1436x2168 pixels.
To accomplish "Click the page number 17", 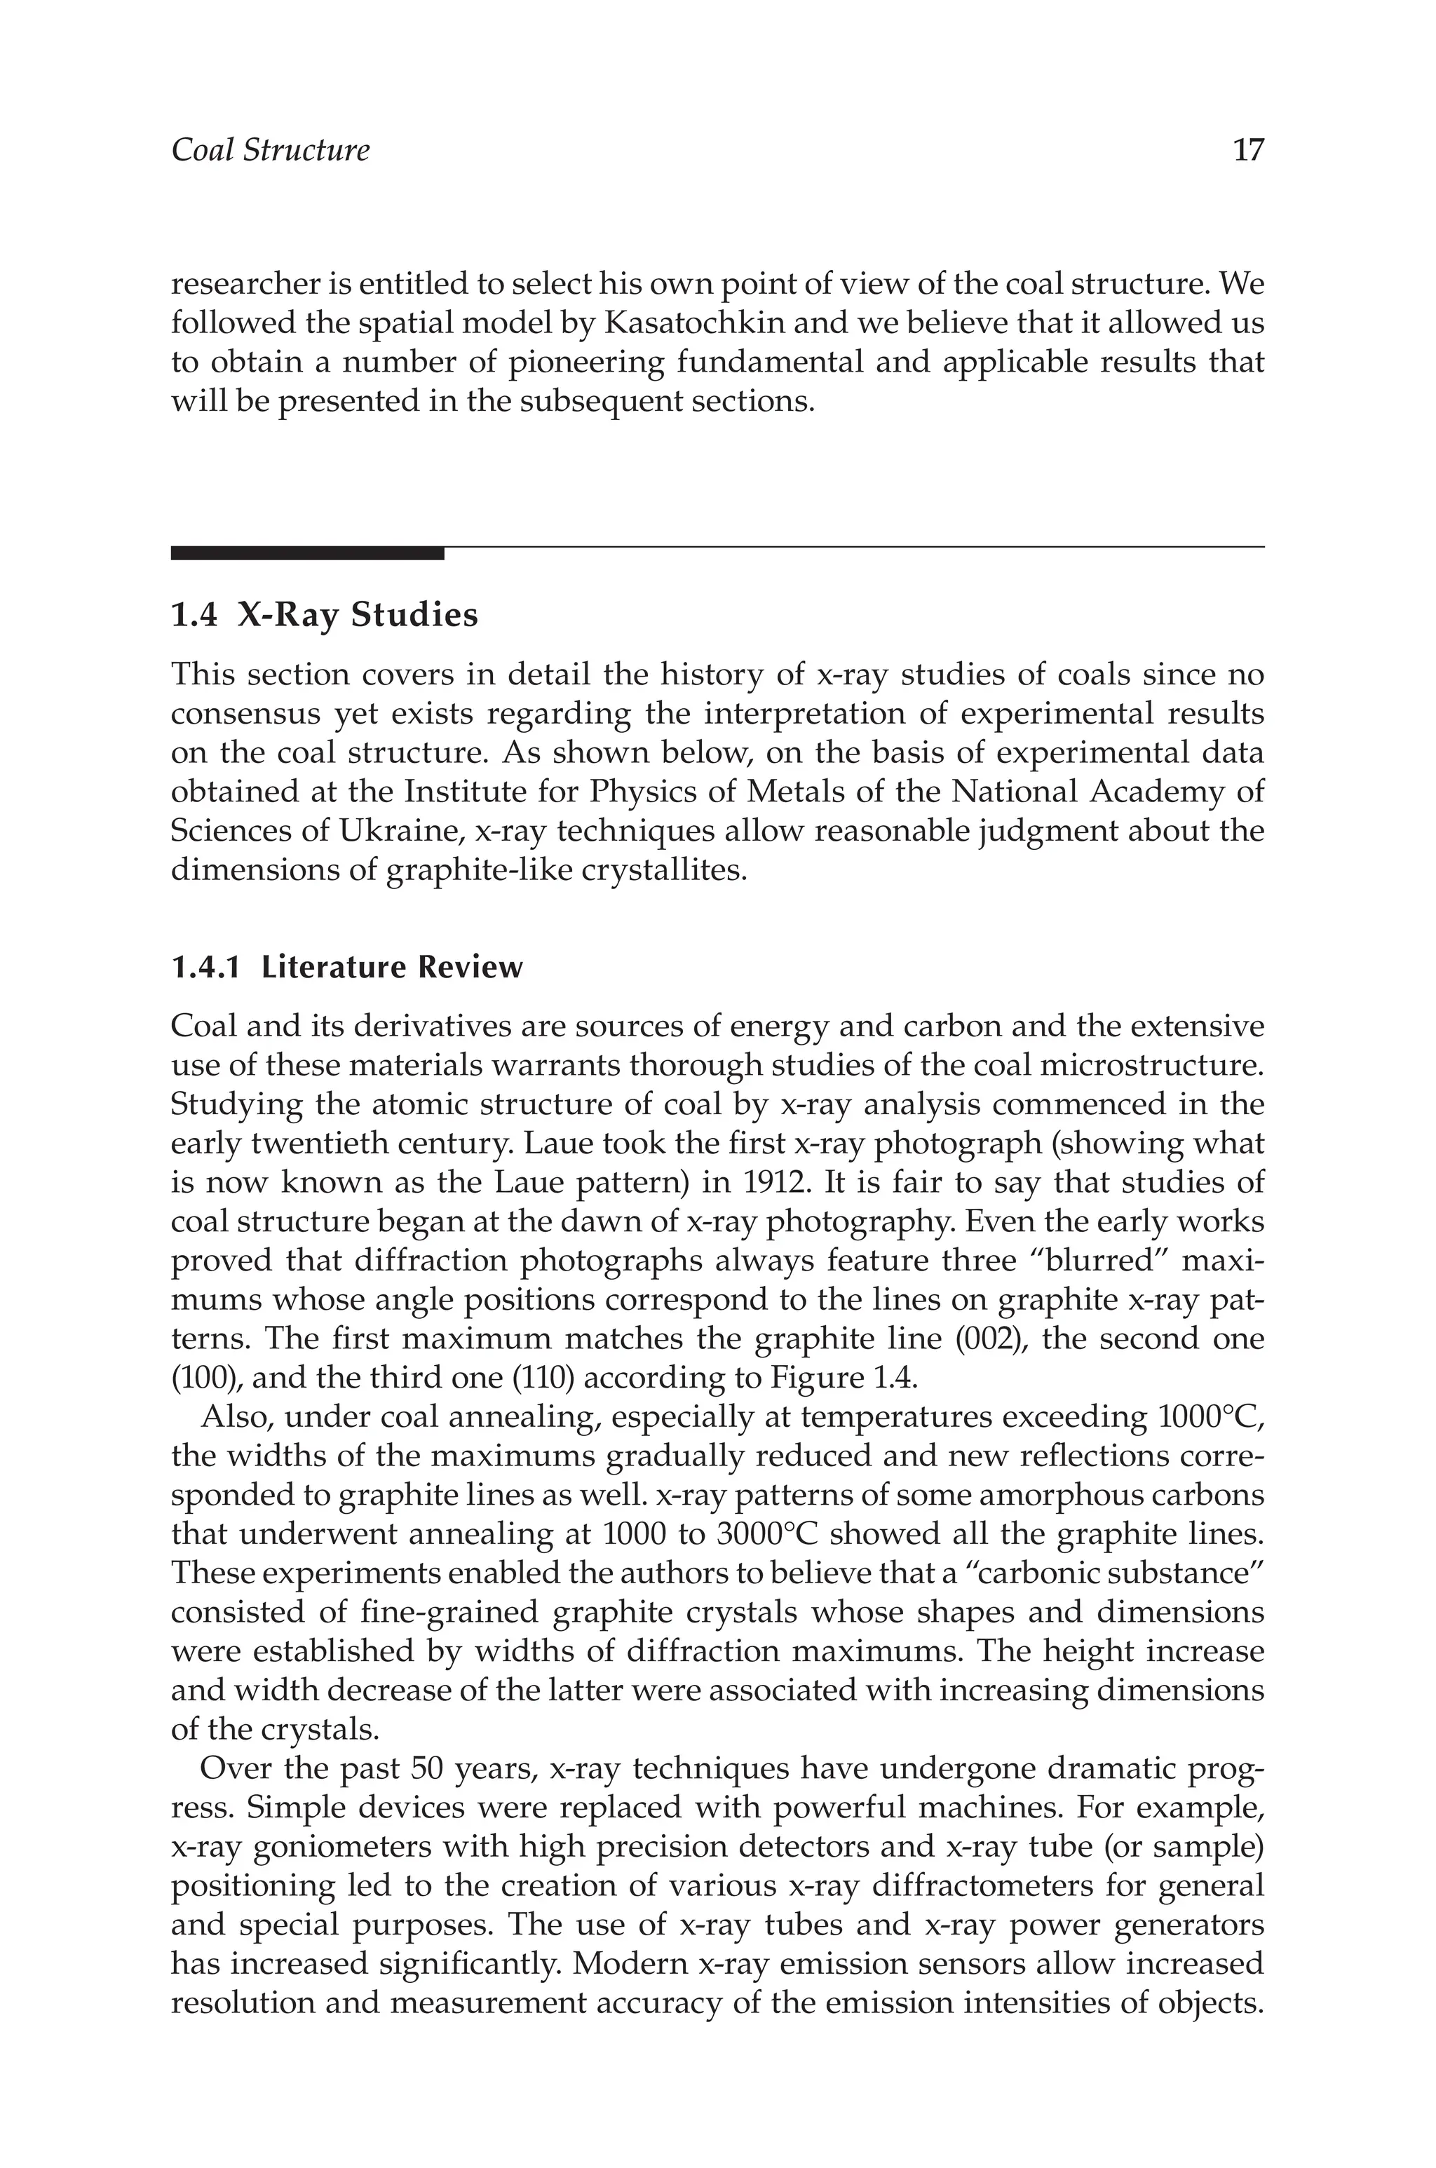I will click(x=1248, y=150).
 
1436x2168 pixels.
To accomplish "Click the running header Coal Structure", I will click(x=270, y=150).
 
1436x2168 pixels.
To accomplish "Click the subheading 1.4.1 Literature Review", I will click(x=346, y=967).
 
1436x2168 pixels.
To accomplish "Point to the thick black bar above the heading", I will click(x=307, y=553).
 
